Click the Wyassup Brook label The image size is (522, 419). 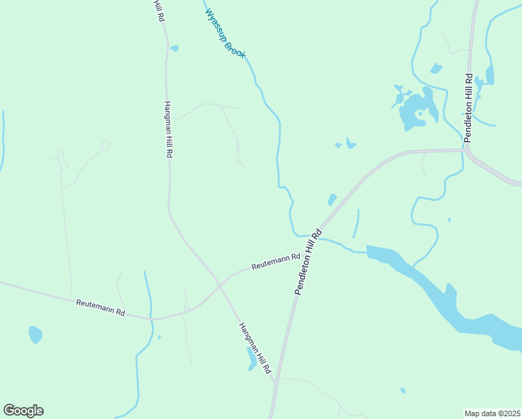click(225, 33)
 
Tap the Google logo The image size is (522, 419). click(23, 411)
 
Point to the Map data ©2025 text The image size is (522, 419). click(492, 413)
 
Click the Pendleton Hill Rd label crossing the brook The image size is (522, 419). click(308, 262)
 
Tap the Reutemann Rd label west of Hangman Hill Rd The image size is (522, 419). click(100, 307)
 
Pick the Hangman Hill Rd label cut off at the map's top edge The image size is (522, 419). click(160, 11)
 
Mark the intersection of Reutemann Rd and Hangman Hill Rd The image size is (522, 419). click(220, 285)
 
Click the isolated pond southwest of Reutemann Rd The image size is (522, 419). click(35, 335)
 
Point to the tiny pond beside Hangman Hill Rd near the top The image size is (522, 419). click(174, 48)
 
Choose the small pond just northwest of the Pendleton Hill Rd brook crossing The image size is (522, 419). click(332, 200)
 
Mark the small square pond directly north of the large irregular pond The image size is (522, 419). click(436, 68)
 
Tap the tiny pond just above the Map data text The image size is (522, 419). click(403, 390)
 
